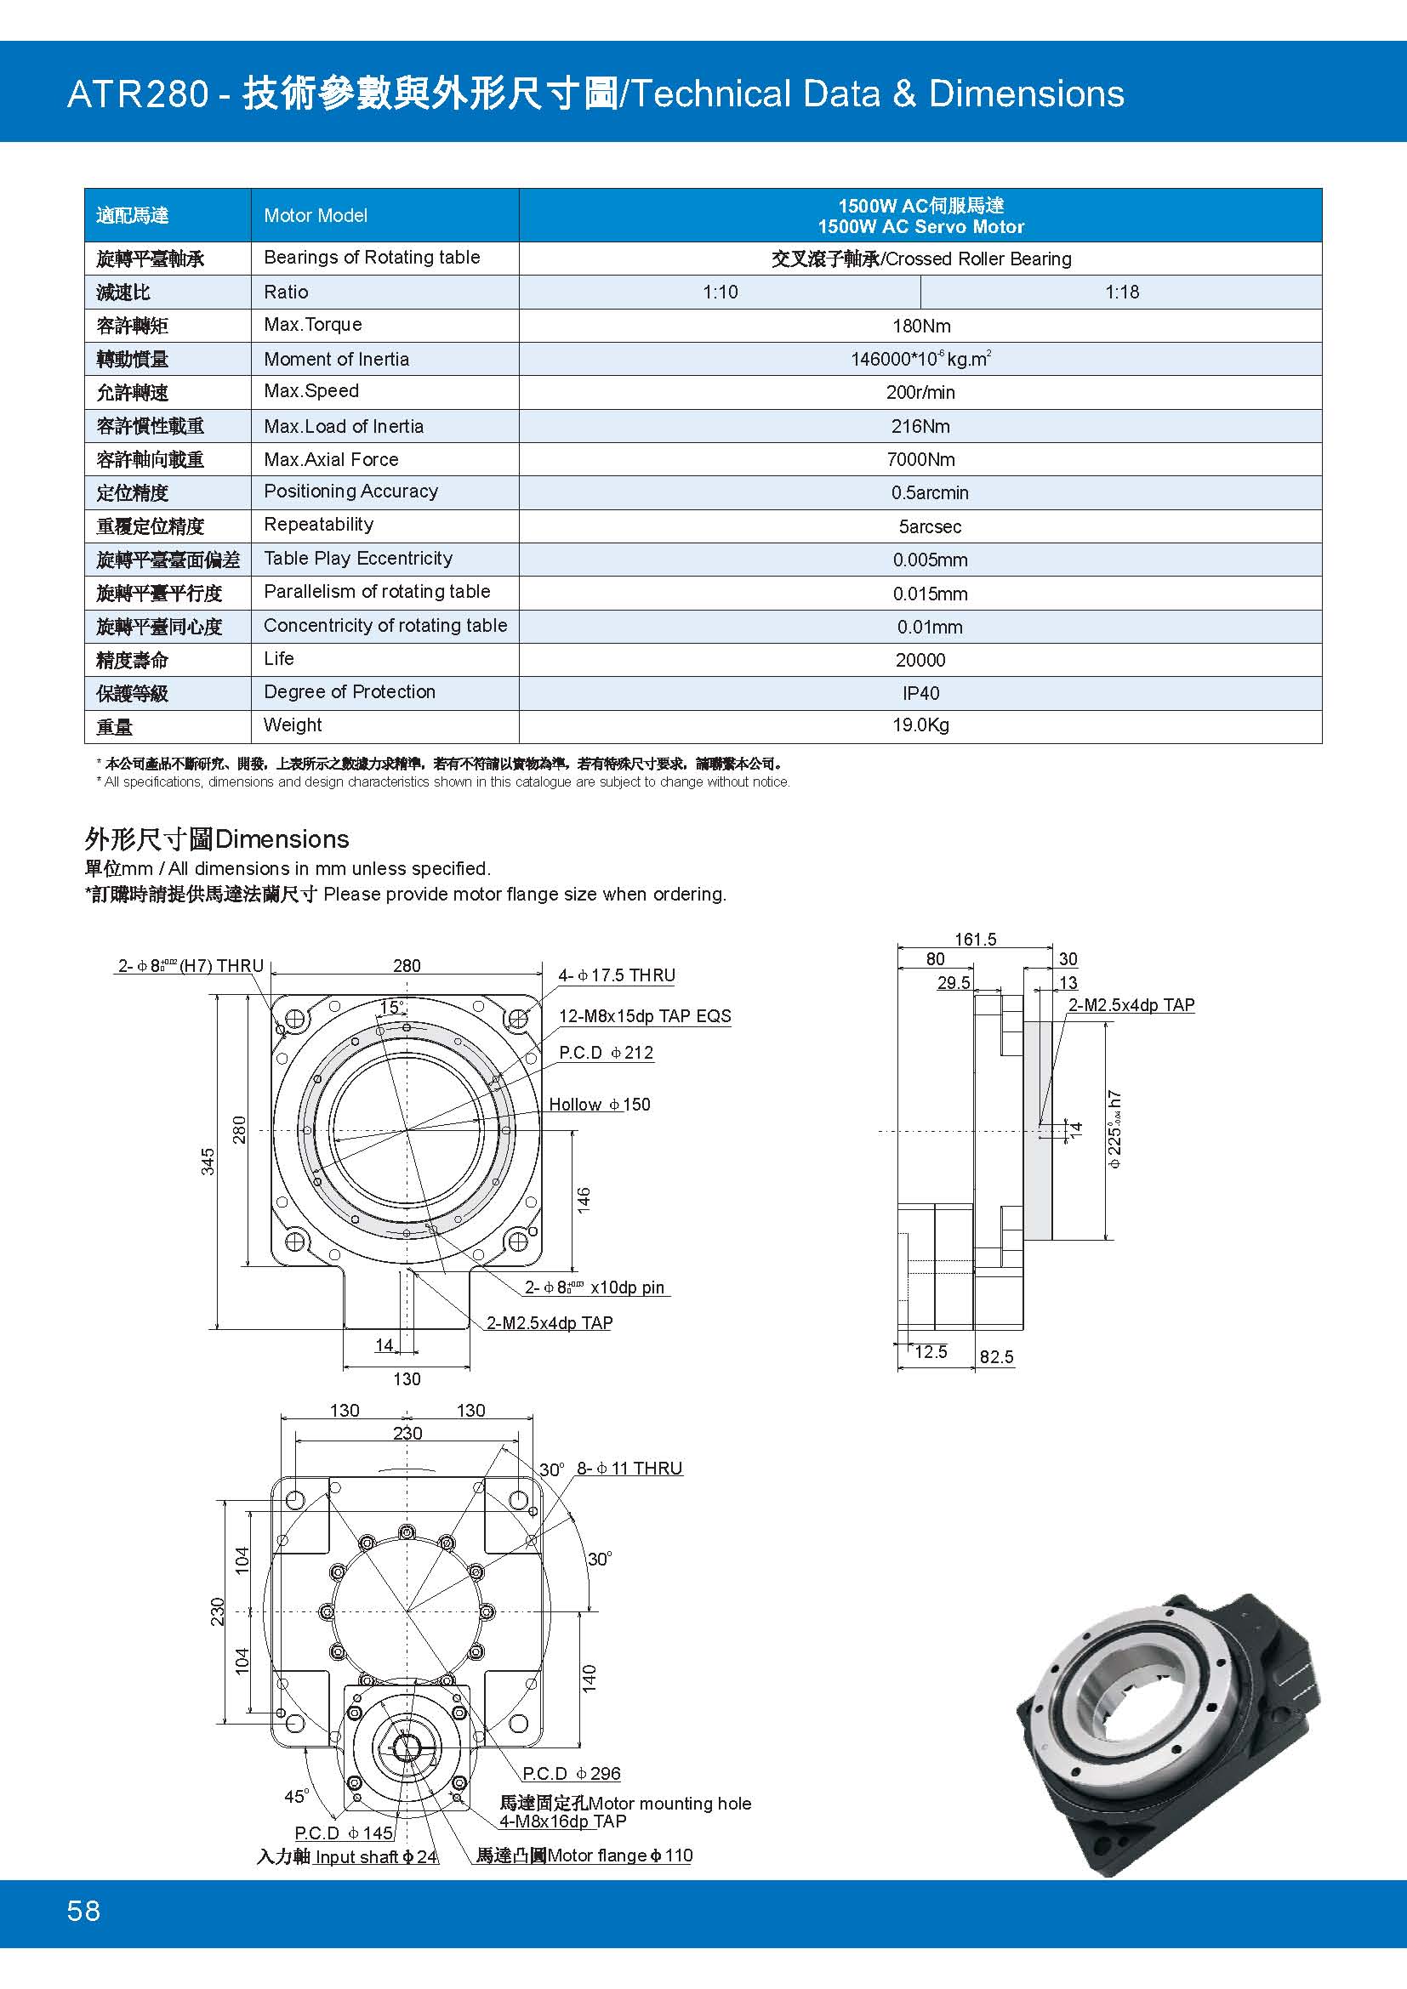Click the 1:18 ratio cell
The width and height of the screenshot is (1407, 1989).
click(x=1121, y=292)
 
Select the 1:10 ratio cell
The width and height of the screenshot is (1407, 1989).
click(x=720, y=292)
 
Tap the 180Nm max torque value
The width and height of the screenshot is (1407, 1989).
click(x=920, y=326)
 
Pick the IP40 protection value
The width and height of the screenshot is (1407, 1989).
click(x=920, y=693)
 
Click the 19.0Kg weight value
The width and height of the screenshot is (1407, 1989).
click(x=920, y=725)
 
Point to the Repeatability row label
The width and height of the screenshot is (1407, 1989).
click(x=318, y=525)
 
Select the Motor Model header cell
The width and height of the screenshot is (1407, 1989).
click(x=316, y=216)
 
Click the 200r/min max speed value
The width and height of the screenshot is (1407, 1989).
click(x=920, y=392)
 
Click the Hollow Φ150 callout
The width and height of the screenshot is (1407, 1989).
click(x=600, y=1105)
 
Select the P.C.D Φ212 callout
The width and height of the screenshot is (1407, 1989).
click(x=606, y=1053)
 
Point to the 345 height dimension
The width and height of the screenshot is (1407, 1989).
click(x=208, y=1162)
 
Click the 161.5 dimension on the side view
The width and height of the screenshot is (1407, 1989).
click(x=975, y=939)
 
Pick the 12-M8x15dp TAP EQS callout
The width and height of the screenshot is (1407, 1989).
click(x=645, y=1016)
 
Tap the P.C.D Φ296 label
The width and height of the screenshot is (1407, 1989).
click(x=571, y=1773)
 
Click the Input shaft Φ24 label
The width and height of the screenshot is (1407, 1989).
click(x=375, y=1856)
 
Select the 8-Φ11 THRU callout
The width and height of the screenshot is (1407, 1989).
click(x=629, y=1469)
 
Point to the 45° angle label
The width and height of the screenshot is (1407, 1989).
click(x=296, y=1797)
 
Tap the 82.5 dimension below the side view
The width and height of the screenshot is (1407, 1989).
click(x=996, y=1357)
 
